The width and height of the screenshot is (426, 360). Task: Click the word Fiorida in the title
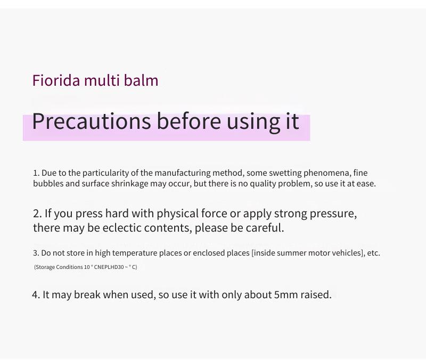56,80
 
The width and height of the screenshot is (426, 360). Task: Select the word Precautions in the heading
91,121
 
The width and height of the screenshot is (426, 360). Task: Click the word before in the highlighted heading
189,121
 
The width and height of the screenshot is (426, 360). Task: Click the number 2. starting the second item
37,214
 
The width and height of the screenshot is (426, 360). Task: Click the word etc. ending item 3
374,253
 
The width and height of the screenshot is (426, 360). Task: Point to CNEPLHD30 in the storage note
109,267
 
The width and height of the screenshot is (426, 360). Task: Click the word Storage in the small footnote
45,267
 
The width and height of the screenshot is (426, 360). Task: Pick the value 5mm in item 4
286,295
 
